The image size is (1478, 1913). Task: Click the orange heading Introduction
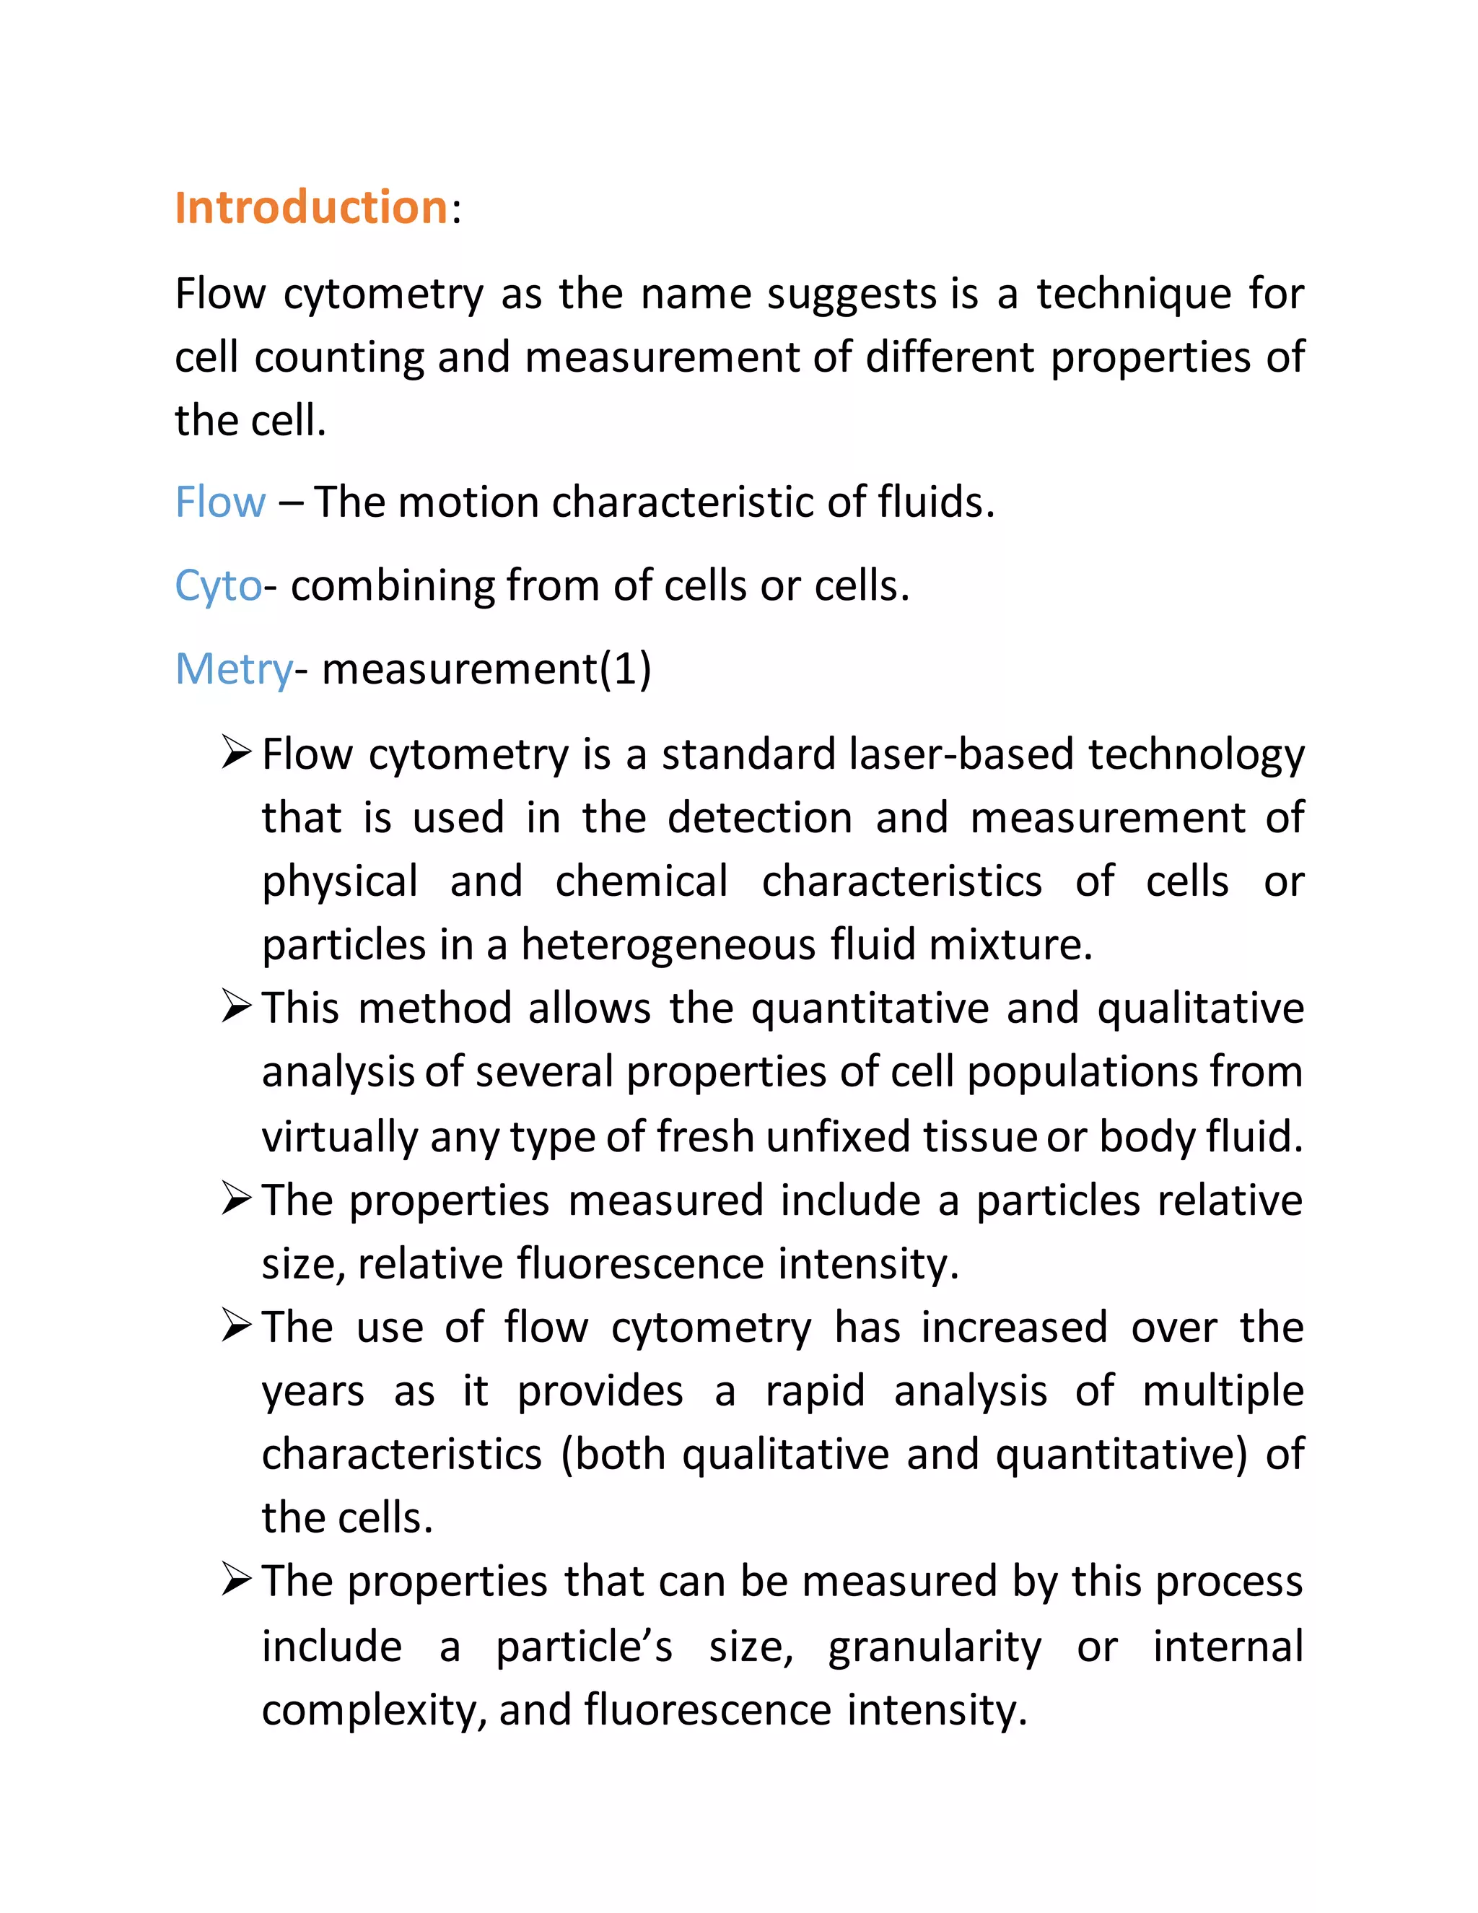(x=311, y=208)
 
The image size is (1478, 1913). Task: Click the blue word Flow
(x=220, y=502)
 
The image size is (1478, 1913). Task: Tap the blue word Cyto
(x=217, y=585)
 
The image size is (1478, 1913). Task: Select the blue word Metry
(x=233, y=669)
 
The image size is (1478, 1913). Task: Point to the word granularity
(x=935, y=1646)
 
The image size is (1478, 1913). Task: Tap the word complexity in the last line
(x=368, y=1711)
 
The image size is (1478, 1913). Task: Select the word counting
(x=338, y=357)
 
